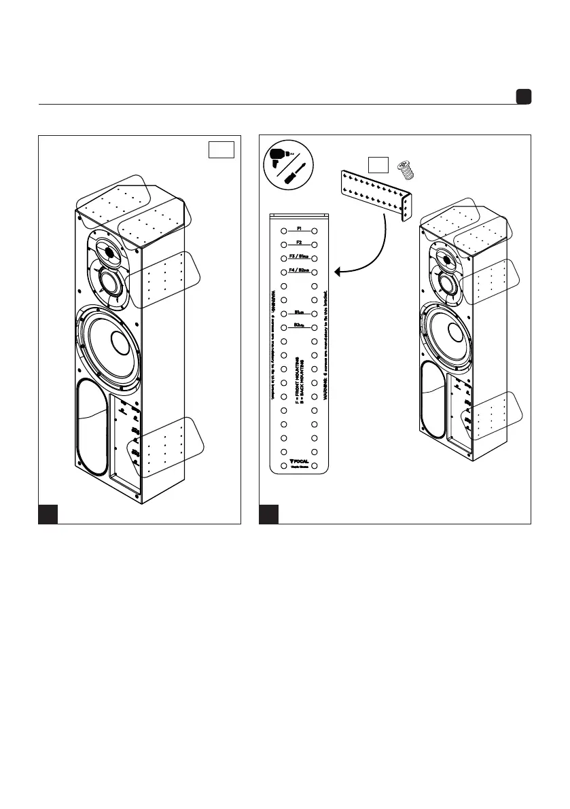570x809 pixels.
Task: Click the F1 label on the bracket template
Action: pyautogui.click(x=299, y=229)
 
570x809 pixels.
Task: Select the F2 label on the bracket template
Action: pyautogui.click(x=299, y=242)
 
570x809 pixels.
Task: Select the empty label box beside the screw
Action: pyautogui.click(x=378, y=164)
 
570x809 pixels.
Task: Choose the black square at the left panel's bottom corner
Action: pyautogui.click(x=48, y=514)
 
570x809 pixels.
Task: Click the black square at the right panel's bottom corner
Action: pyautogui.click(x=269, y=514)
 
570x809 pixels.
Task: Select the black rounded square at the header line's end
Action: pyautogui.click(x=522, y=97)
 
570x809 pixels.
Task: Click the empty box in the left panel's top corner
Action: pyautogui.click(x=221, y=149)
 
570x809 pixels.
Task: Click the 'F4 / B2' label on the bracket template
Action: pyautogui.click(x=299, y=270)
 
